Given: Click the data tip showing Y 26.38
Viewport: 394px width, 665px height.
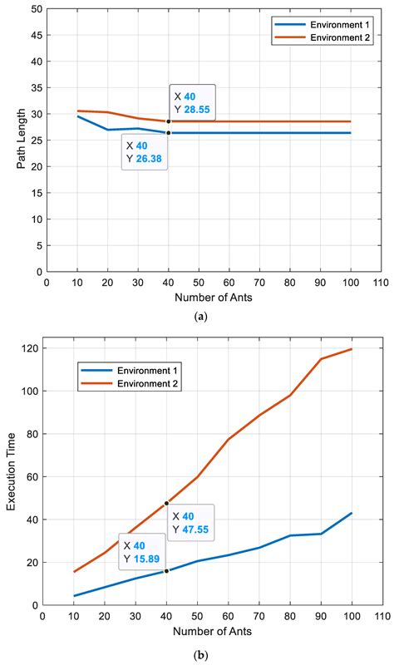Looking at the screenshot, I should point(145,152).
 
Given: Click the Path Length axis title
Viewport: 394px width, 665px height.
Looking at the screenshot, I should point(22,140).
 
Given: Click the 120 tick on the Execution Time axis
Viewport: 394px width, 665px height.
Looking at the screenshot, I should point(31,348).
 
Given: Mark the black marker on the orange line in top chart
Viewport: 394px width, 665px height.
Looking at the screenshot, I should point(168,122).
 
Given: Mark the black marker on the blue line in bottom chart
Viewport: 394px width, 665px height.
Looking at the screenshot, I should point(167,571).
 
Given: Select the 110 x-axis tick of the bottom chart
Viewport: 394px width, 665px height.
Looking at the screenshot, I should point(381,618).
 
